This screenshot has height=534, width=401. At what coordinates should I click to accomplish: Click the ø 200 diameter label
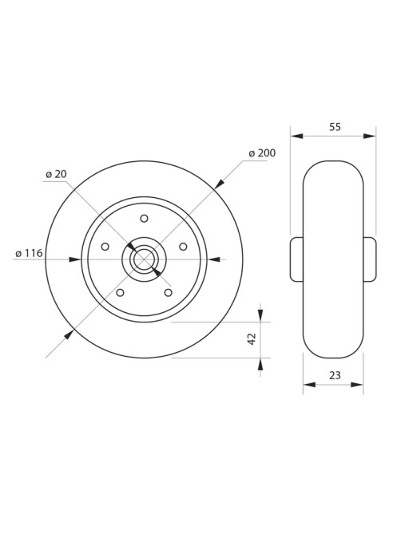(262, 153)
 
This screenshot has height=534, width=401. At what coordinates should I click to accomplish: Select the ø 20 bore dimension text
(56, 174)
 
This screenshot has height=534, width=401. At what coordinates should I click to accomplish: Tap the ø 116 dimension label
(29, 253)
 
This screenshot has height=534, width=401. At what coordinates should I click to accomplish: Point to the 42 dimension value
(252, 339)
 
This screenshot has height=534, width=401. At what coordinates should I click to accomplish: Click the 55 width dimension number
(335, 127)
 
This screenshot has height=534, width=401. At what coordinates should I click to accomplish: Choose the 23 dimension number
(335, 375)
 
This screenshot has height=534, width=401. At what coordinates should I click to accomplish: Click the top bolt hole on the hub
(144, 218)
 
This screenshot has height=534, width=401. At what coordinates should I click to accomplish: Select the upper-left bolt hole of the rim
(105, 246)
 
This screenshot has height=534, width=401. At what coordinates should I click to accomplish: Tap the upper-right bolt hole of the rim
(183, 246)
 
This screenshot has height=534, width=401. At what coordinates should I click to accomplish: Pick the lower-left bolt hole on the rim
(120, 292)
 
